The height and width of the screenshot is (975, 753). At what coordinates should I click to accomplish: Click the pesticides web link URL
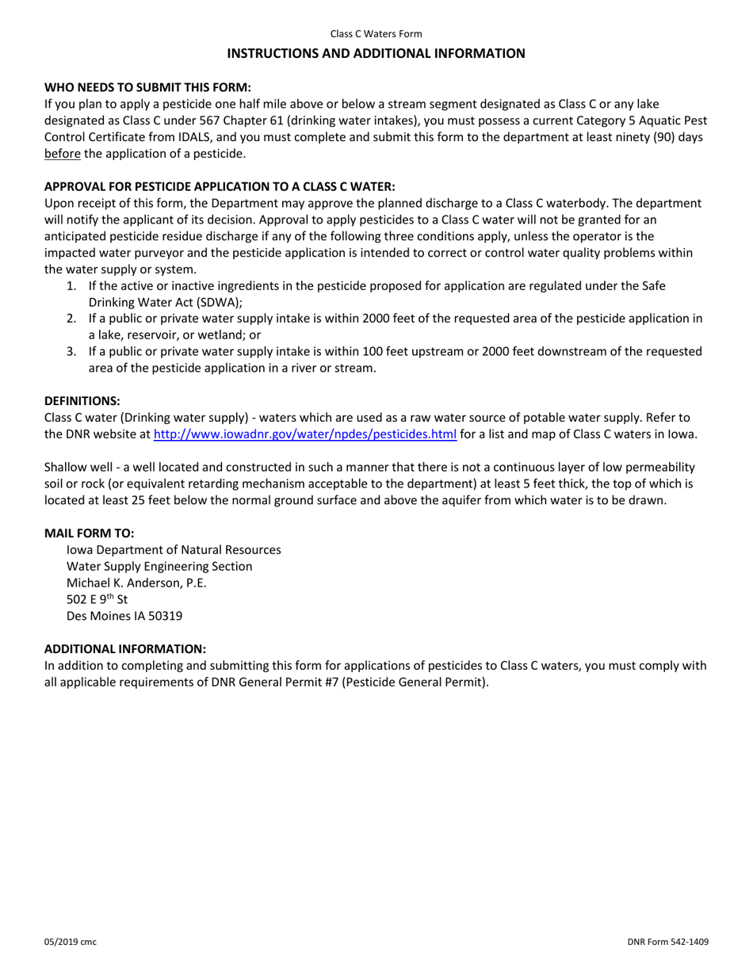pos(304,434)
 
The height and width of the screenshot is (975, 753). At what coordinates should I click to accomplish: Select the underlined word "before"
pos(62,153)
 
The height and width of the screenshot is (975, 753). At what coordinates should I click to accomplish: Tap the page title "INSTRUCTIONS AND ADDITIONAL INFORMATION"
pos(376,53)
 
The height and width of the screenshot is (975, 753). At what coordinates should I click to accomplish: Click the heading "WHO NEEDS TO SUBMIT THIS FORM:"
pos(147,87)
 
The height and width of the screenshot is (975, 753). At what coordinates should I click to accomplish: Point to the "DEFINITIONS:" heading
pos(82,401)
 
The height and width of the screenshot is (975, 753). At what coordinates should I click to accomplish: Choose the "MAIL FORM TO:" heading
pos(89,533)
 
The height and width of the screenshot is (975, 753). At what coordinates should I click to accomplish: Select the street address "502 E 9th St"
pos(97,599)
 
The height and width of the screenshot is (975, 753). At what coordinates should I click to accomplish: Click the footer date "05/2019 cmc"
pos(71,942)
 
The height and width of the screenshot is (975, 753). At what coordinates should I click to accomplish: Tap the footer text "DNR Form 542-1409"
pos(667,942)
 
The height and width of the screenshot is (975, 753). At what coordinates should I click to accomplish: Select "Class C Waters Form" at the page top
pos(376,34)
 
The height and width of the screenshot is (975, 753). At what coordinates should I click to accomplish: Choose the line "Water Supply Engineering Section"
pos(159,566)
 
